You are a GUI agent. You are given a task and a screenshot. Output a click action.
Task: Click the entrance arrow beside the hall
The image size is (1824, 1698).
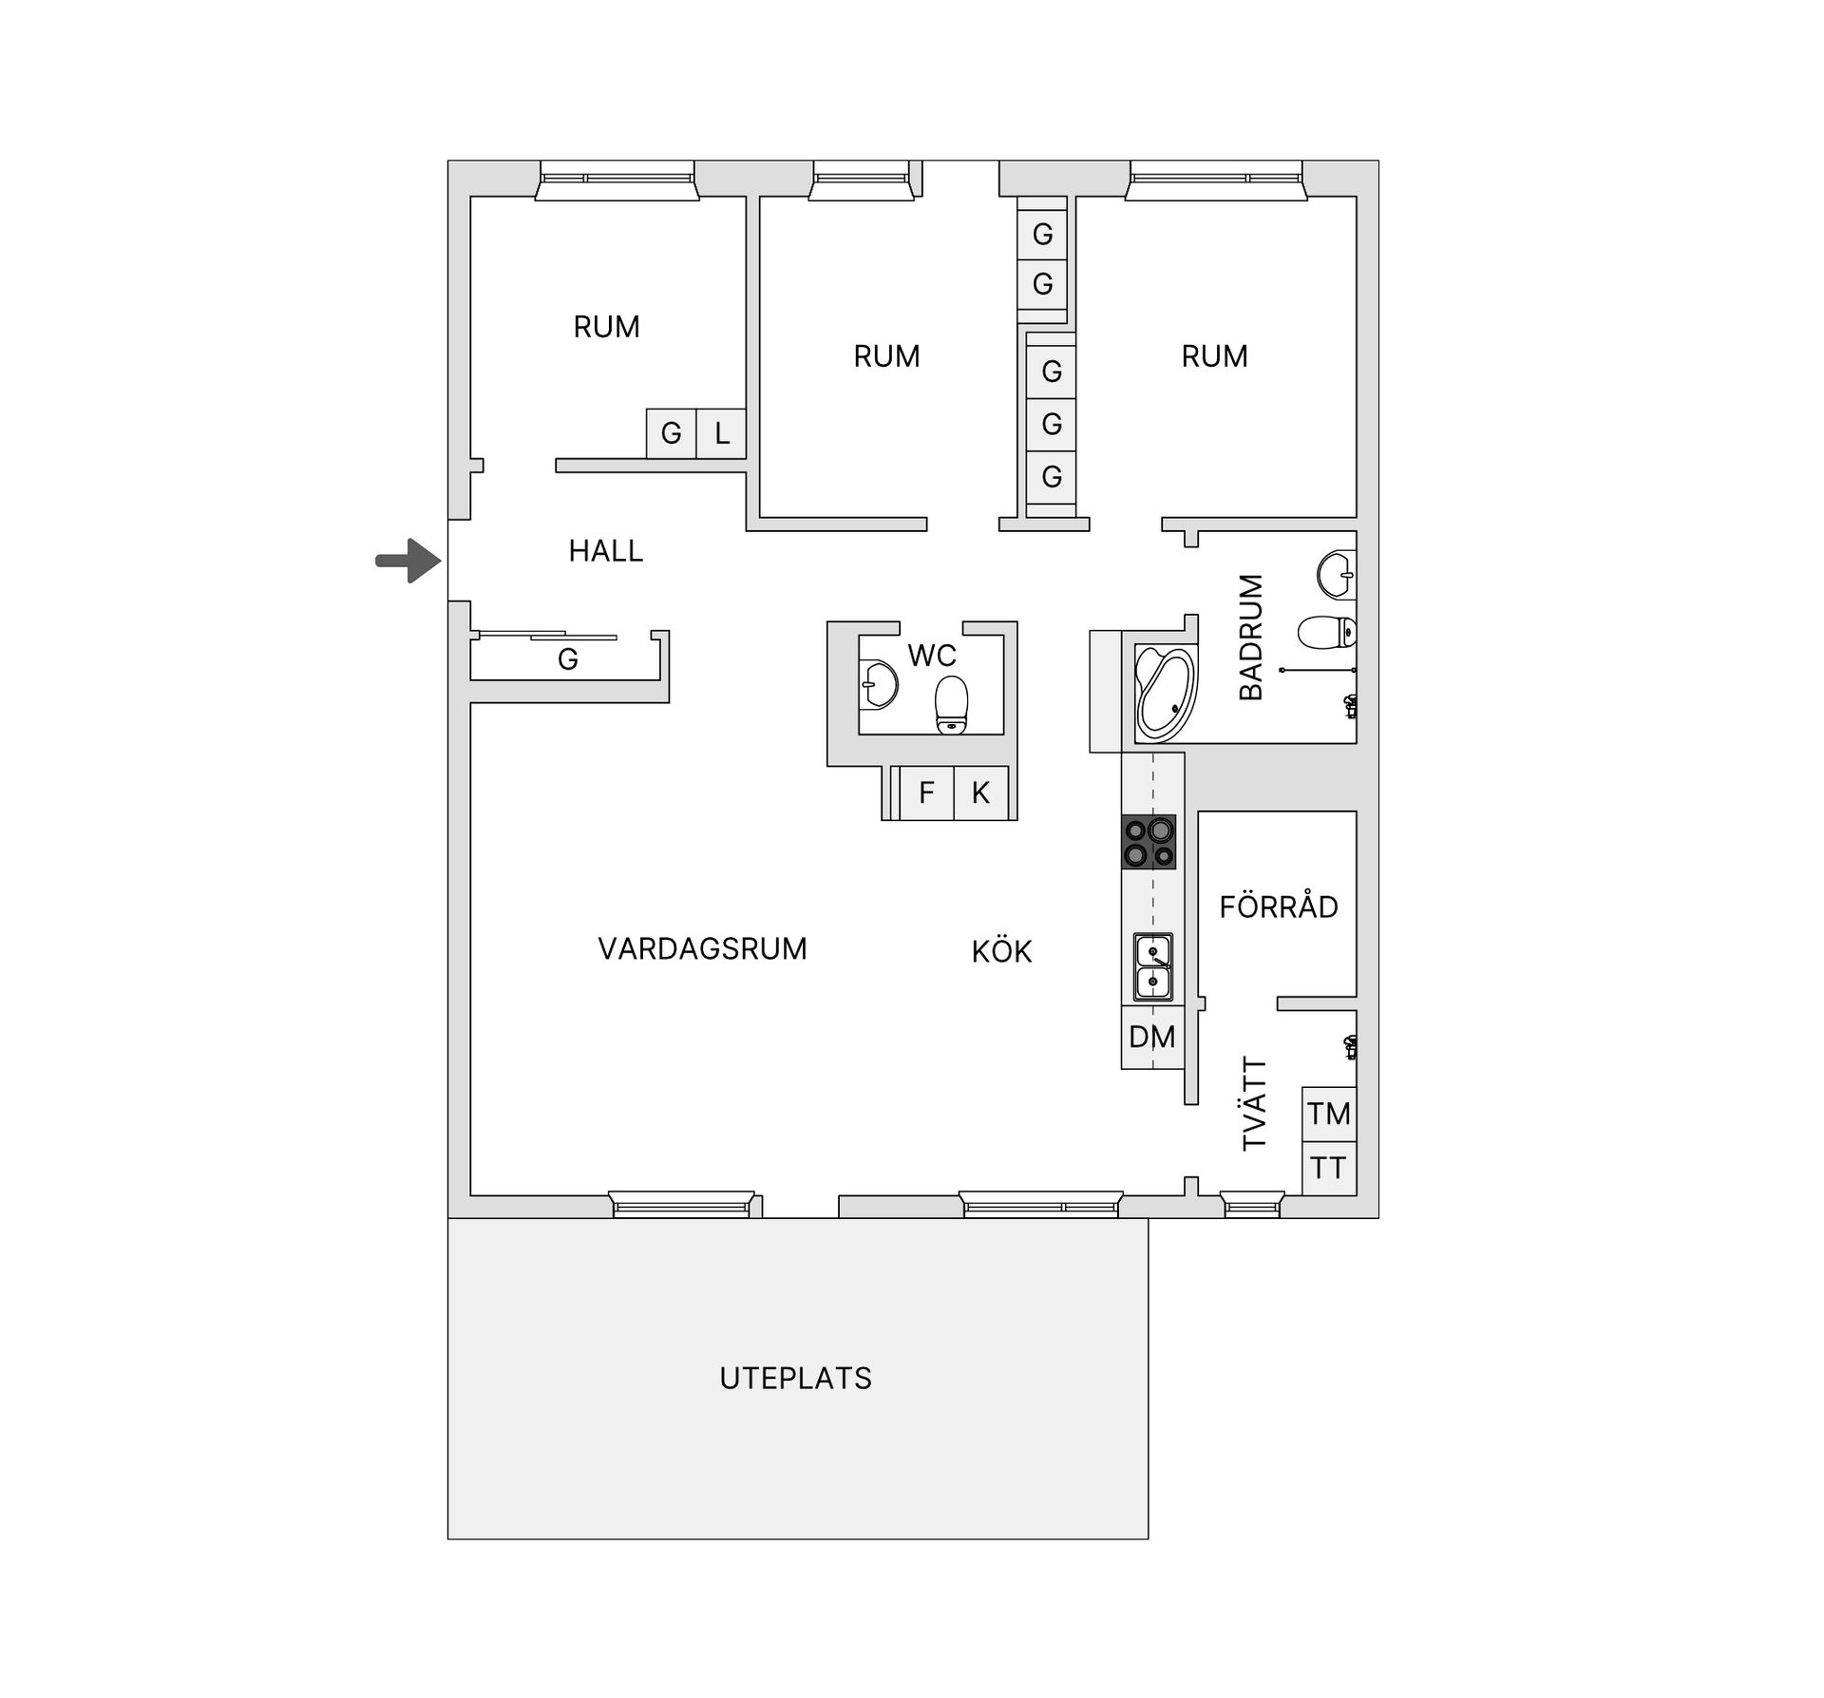point(409,561)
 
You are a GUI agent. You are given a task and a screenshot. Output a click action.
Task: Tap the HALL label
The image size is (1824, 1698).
point(605,551)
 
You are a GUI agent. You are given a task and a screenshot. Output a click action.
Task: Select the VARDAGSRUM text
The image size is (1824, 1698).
point(702,948)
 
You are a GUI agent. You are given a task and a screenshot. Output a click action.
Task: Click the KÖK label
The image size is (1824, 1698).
point(1001,950)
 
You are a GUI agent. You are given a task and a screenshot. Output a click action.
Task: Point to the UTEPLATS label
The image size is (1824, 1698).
point(795,1378)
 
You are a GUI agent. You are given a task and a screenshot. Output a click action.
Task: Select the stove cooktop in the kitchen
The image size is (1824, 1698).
point(1149,842)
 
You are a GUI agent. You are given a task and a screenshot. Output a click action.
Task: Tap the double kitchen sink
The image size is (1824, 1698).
point(1153,966)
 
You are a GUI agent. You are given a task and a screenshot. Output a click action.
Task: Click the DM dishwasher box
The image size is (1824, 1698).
point(1152,1038)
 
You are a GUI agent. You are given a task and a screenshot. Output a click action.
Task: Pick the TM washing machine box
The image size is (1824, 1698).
point(1328,1114)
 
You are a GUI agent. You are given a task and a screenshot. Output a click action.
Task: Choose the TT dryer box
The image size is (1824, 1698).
point(1328,1168)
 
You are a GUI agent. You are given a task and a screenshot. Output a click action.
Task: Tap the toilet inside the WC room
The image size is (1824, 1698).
point(951,704)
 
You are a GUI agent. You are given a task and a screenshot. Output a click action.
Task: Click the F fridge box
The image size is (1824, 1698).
point(926,792)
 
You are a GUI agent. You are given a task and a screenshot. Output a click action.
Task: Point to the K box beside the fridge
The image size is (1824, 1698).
point(980,792)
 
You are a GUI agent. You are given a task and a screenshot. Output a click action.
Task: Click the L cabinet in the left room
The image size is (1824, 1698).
point(721,434)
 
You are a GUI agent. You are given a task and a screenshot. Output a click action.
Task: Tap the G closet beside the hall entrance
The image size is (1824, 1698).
point(567,658)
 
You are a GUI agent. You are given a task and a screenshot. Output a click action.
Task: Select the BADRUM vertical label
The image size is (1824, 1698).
point(1251,636)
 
